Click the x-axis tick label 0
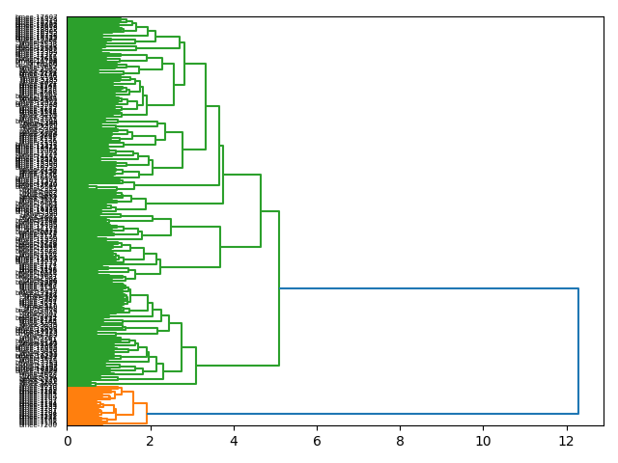coord(68,441)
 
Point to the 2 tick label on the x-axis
coord(151,441)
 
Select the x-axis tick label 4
coord(234,441)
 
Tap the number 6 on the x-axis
coord(317,441)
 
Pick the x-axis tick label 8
coord(400,441)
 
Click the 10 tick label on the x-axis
coord(483,441)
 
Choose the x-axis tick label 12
coord(566,441)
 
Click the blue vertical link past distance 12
coord(578,352)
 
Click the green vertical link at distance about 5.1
coord(279,288)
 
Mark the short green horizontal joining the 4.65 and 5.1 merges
coord(269,210)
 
